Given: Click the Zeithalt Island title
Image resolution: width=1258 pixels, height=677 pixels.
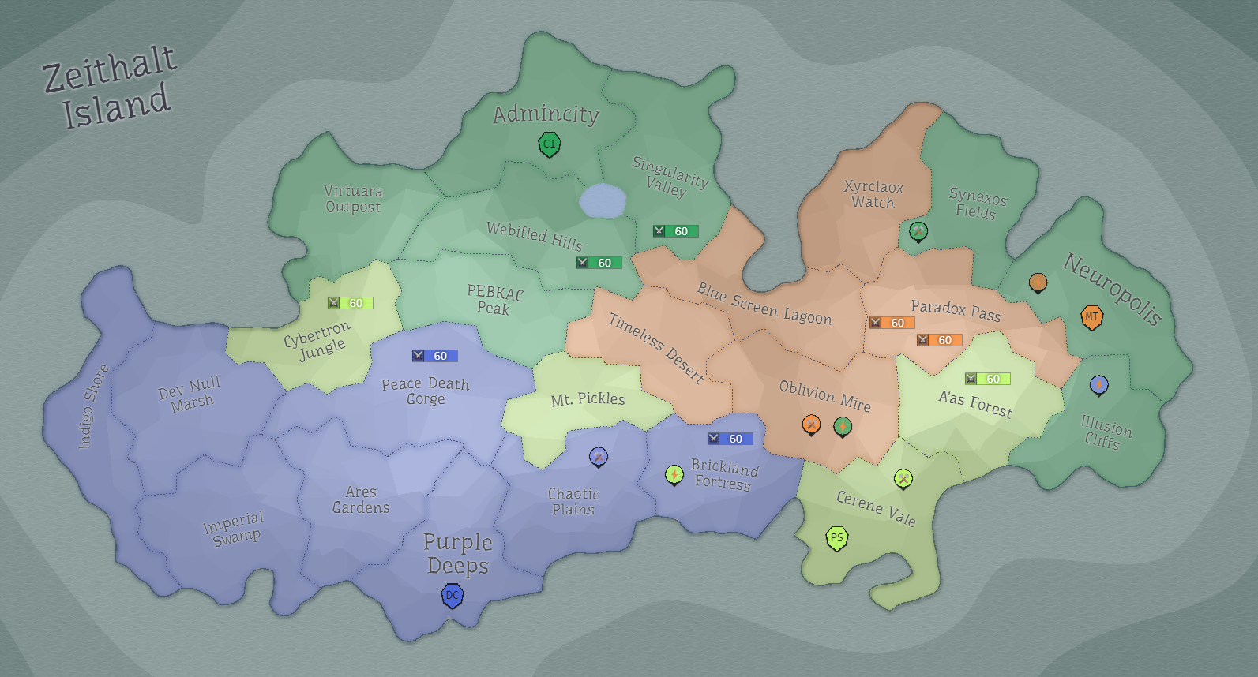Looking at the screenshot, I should point(109,87).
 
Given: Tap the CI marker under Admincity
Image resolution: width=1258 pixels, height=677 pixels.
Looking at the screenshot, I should point(549,144).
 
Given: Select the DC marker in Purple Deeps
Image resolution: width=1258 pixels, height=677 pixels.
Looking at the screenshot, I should point(452,596).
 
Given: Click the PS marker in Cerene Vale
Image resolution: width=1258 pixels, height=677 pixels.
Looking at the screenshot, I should point(836,538).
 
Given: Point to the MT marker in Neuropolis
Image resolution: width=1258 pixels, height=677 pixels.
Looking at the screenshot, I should point(1091,317).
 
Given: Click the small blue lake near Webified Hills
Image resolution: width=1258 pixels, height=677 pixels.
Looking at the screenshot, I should point(603,200).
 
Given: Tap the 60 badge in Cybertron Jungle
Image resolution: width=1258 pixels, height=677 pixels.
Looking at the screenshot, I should point(350,303).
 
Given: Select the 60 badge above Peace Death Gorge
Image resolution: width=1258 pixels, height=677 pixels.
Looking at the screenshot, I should point(434,356).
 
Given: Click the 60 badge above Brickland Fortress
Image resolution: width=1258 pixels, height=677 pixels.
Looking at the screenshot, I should point(730,439).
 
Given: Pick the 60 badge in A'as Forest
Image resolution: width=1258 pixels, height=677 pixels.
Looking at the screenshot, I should point(987,379).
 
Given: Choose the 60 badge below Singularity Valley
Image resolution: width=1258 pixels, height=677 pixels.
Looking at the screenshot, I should point(675,231).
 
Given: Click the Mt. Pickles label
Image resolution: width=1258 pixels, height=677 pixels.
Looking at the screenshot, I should point(588,399).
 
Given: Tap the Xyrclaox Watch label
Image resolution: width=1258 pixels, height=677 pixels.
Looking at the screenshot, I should point(873,194).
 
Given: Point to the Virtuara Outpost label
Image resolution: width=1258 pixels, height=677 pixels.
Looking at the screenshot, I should point(353,199).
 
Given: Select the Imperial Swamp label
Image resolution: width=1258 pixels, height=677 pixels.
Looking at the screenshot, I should point(234,528).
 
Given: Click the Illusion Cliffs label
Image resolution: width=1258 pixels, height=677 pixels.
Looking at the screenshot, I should point(1105,433).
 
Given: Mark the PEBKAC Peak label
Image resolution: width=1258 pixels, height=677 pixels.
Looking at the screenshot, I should point(494,300).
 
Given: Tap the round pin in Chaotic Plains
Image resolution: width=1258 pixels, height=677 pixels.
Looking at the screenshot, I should point(599,457).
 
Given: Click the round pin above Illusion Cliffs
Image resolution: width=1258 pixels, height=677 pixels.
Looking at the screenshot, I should point(1098,385).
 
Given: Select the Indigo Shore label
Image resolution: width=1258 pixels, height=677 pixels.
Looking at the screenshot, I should point(93,406).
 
